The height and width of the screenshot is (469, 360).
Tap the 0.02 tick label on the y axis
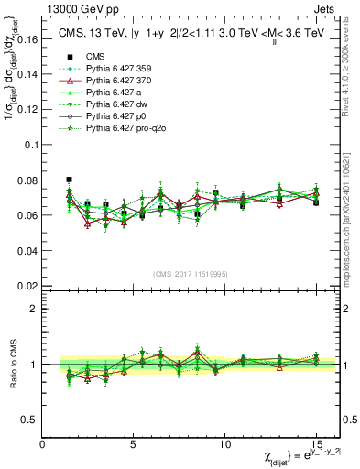point(28,286)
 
